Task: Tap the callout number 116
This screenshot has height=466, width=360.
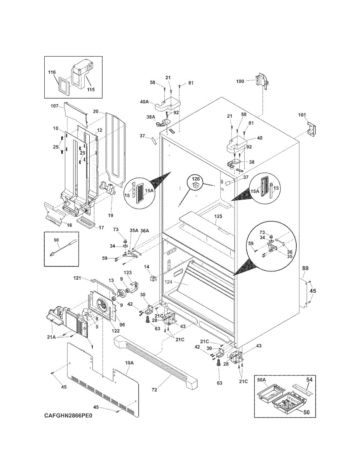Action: point(52,72)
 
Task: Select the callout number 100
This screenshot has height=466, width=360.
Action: point(240,81)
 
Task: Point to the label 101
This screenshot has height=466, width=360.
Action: point(302,115)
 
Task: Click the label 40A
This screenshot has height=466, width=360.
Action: point(144,102)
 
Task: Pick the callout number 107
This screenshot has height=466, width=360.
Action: point(54,106)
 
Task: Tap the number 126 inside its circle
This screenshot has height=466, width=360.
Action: point(196,179)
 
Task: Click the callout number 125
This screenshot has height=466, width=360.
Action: point(218,216)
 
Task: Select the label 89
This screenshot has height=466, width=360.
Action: point(305,268)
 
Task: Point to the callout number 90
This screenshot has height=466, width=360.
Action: point(56,240)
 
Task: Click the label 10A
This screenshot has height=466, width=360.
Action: point(129,363)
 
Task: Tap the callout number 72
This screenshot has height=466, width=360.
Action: point(155,390)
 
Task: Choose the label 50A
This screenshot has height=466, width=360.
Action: point(261,380)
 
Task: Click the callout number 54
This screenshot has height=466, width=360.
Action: point(309,379)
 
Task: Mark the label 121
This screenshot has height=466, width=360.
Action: point(77,278)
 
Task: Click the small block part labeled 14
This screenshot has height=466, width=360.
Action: point(153,278)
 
